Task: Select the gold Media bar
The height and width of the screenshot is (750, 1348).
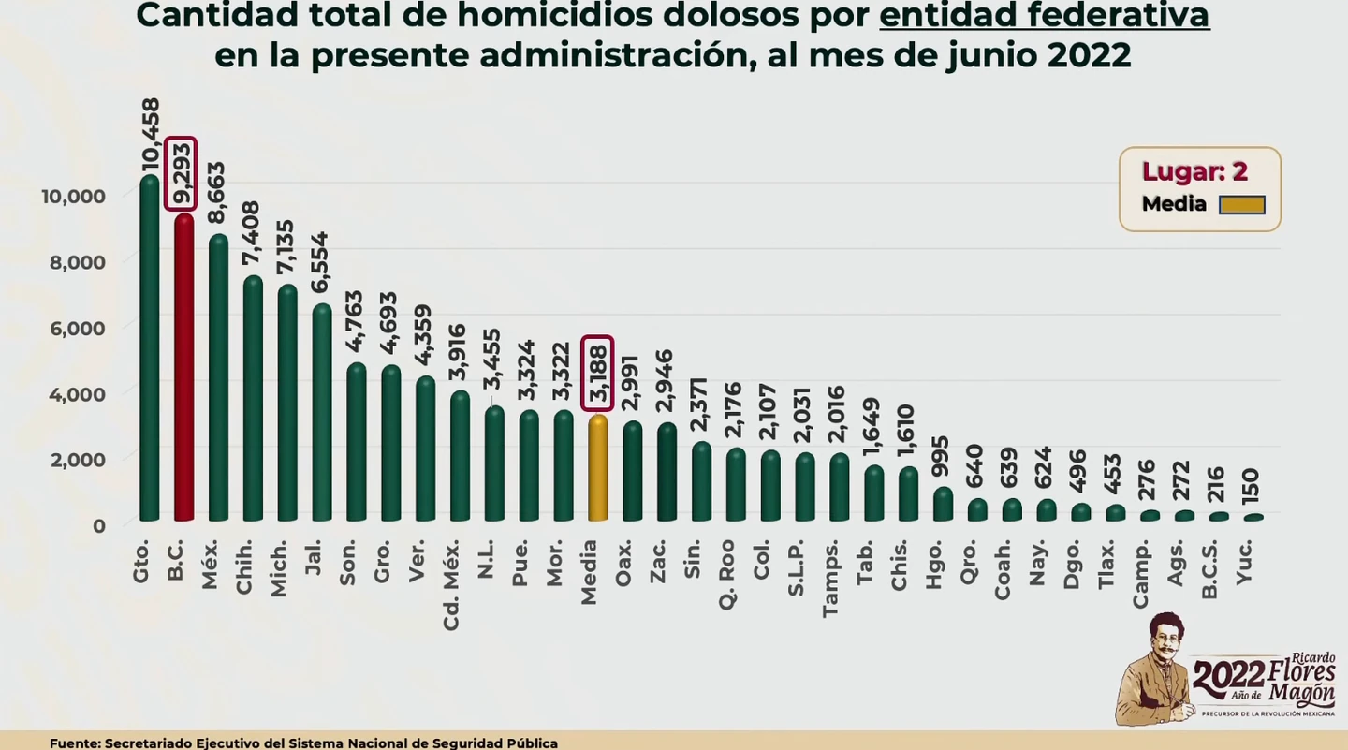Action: tap(597, 468)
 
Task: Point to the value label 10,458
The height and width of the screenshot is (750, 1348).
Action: tap(150, 135)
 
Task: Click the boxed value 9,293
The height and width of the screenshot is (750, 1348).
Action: tap(181, 174)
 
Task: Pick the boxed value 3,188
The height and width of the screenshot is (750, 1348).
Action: tap(597, 373)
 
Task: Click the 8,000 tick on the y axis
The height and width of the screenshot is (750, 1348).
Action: tap(77, 262)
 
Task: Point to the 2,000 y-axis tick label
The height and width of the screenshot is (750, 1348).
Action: tap(77, 460)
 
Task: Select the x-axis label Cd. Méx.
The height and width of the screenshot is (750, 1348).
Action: tap(451, 585)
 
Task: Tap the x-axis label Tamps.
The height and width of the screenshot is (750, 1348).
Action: tap(830, 579)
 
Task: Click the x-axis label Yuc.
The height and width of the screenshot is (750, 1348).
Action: tap(1244, 563)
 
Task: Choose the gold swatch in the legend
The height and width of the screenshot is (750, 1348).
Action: tap(1241, 205)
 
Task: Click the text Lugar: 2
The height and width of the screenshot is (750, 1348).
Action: tap(1194, 171)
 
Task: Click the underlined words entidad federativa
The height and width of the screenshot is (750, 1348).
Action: tap(1044, 16)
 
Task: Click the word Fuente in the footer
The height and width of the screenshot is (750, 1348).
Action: tap(74, 743)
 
